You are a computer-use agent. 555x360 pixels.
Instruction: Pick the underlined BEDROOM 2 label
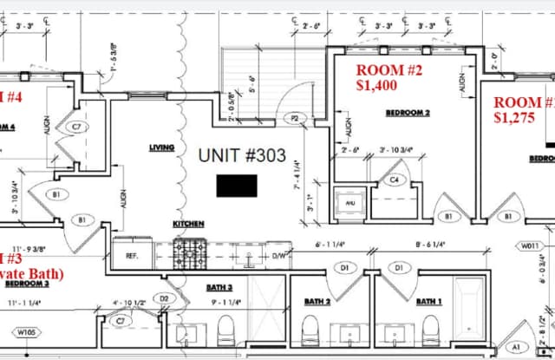(x=408, y=113)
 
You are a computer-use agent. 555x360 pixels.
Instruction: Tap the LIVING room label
(x=161, y=147)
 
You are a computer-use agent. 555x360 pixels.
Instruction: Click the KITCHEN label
(x=188, y=224)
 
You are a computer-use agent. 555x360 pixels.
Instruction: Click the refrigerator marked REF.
(x=133, y=254)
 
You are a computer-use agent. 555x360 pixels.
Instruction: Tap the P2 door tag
(x=295, y=118)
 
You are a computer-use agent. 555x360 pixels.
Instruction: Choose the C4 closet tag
(x=395, y=180)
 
